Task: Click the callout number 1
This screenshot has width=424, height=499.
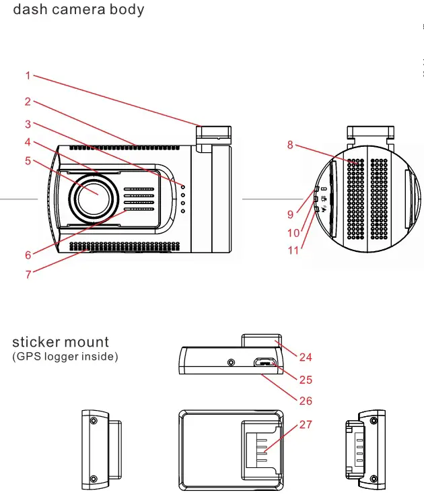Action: (x=28, y=76)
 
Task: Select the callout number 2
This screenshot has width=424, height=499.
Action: (x=28, y=102)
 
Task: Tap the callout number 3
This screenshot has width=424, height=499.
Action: (x=28, y=124)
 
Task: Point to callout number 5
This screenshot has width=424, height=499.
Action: (x=28, y=161)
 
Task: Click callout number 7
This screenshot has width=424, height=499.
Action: (x=28, y=275)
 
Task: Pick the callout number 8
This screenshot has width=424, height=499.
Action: (x=290, y=144)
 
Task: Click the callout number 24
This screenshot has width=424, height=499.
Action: (x=306, y=357)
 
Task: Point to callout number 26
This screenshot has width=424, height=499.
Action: (x=306, y=401)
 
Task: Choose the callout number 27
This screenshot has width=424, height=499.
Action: (x=306, y=425)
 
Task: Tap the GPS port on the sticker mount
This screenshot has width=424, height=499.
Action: (x=266, y=363)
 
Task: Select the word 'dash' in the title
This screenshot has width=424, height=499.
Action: (x=27, y=10)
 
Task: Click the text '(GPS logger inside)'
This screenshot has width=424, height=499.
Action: (x=65, y=356)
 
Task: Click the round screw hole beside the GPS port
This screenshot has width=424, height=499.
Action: (x=232, y=362)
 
